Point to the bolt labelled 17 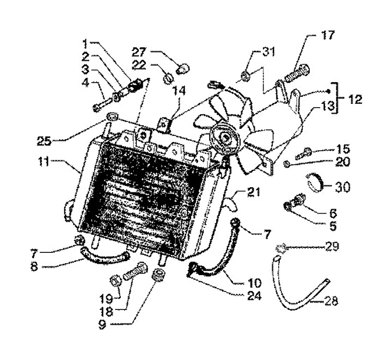click(298, 71)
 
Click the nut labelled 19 click(115, 282)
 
